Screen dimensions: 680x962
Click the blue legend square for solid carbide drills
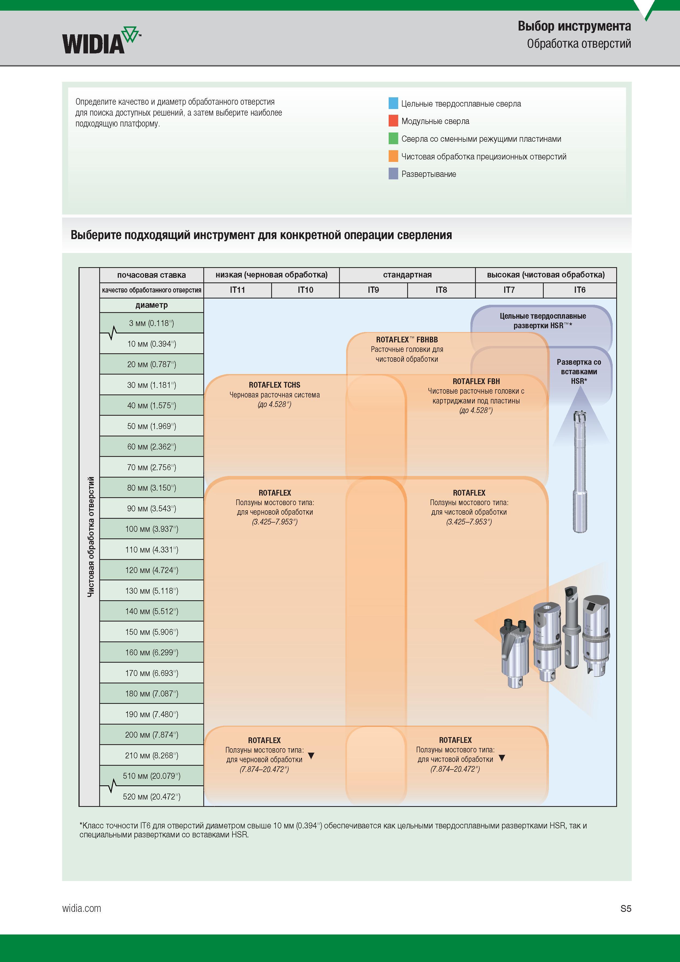click(x=393, y=103)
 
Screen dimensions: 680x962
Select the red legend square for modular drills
click(x=393, y=121)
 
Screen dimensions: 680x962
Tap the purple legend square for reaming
click(x=393, y=173)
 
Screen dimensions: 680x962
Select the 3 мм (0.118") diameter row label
click(x=151, y=323)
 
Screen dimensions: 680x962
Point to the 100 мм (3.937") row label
click(x=152, y=529)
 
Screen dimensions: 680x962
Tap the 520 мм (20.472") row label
click(x=152, y=797)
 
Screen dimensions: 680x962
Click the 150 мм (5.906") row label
click(x=152, y=632)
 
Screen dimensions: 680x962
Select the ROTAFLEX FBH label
click(x=476, y=381)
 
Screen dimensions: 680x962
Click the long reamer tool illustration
click(x=580, y=471)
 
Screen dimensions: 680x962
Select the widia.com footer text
click(x=82, y=908)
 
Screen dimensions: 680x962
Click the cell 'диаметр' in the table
click(x=152, y=305)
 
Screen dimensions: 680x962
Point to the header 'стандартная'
click(x=407, y=275)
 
